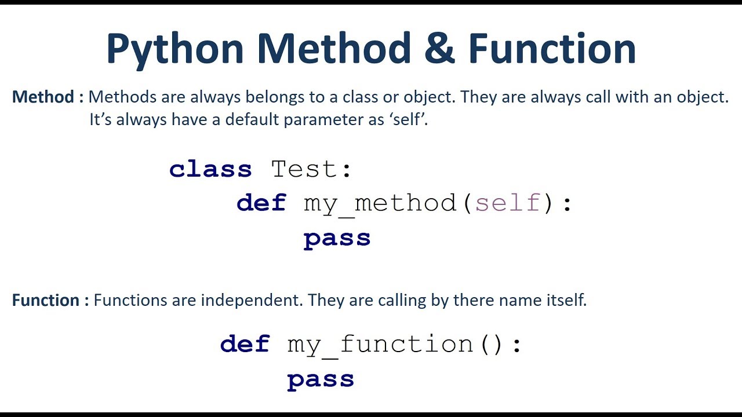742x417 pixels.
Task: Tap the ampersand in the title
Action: tap(439, 47)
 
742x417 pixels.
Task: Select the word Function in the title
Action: tap(552, 47)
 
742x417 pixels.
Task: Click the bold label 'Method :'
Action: tap(48, 97)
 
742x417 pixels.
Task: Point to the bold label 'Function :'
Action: tap(50, 300)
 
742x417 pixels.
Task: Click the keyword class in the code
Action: tap(210, 169)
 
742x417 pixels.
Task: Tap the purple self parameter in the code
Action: tap(508, 203)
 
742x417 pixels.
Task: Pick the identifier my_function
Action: tap(380, 346)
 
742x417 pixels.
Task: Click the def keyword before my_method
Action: tap(261, 202)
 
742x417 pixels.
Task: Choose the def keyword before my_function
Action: tap(245, 343)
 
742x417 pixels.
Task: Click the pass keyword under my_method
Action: tap(337, 240)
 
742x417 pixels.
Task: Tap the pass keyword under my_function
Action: tap(321, 381)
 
